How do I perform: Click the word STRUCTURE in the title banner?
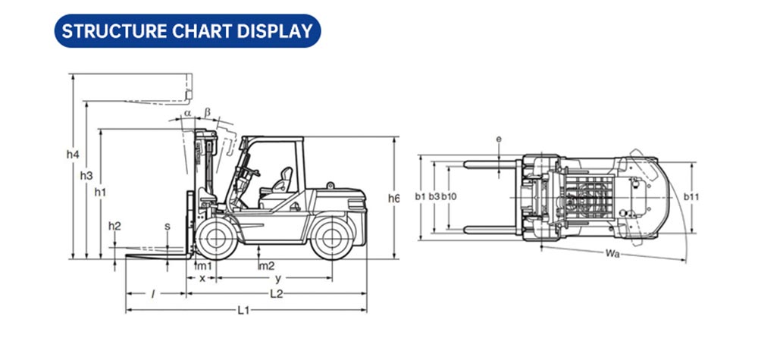coord(114,31)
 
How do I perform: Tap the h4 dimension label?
coord(73,155)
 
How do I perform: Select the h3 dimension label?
coord(86,176)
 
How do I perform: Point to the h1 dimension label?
coord(100,192)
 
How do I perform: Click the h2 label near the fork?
coord(114,226)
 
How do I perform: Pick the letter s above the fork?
coord(168,226)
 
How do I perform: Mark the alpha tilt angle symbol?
coord(187,113)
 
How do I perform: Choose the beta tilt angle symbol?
coord(208,113)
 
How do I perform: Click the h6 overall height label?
coord(394,198)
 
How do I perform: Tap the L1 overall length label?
coord(243,310)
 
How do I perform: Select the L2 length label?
coord(276,294)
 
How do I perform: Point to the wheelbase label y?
coord(278,279)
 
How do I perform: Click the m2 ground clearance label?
coord(268,266)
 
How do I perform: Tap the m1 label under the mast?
coord(205,266)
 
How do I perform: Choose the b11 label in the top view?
coord(691,196)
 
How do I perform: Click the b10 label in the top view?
coord(449,196)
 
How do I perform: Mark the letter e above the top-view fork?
coord(499,139)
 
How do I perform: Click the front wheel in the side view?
coord(216,238)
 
